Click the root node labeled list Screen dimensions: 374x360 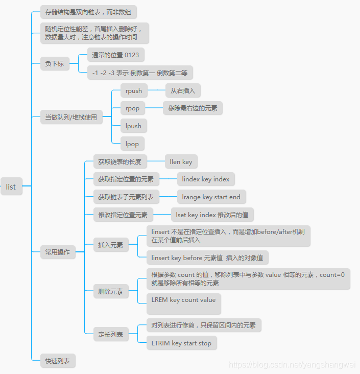(11, 186)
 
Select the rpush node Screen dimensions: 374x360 (134, 91)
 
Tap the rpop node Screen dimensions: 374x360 (132, 108)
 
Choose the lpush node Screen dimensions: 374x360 (133, 126)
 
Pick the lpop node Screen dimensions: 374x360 (132, 144)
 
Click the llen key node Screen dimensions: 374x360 (181, 162)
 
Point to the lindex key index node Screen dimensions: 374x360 (206, 179)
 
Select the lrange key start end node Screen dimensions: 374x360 (211, 197)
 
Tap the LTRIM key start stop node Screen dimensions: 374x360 (181, 343)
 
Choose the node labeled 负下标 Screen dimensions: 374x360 (55, 64)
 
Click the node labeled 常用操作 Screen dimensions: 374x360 (58, 252)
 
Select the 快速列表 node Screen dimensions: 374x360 (58, 361)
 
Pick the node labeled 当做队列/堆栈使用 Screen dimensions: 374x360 (71, 117)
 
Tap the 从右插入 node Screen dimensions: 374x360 (183, 91)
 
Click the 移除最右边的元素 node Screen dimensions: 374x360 (193, 108)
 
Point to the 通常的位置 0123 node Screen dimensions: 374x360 (115, 55)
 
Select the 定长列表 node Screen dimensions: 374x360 (111, 335)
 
